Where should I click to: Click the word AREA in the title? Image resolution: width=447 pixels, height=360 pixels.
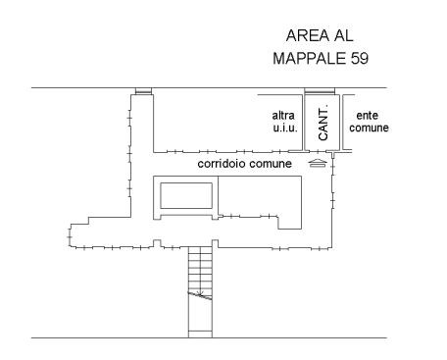click(307, 35)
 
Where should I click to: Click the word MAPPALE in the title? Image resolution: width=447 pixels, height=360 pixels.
click(309, 59)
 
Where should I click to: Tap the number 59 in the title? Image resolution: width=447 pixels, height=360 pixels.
click(360, 59)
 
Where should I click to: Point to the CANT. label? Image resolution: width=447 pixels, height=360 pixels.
click(323, 123)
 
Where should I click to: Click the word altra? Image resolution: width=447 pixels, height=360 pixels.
click(283, 116)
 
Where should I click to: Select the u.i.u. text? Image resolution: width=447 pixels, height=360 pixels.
click(285, 128)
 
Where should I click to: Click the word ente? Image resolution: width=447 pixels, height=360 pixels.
click(368, 116)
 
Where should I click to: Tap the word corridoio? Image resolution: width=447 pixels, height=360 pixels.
click(222, 163)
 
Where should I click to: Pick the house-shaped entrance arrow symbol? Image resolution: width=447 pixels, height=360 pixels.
click(318, 163)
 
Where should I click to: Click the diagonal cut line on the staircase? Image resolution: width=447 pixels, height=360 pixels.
click(200, 295)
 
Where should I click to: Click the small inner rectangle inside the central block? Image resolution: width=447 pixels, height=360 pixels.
click(186, 195)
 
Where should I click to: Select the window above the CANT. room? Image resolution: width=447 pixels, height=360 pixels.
click(320, 91)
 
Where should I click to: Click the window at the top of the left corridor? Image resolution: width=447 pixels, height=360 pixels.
click(144, 91)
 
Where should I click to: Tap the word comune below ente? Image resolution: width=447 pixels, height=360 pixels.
click(369, 128)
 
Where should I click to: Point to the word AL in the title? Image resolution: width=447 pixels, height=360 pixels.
click(343, 35)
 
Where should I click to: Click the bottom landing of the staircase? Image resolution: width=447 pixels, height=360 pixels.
click(200, 334)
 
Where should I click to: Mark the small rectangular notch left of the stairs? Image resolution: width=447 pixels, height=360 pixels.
click(157, 243)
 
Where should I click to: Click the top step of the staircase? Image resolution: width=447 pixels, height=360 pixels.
click(200, 250)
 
